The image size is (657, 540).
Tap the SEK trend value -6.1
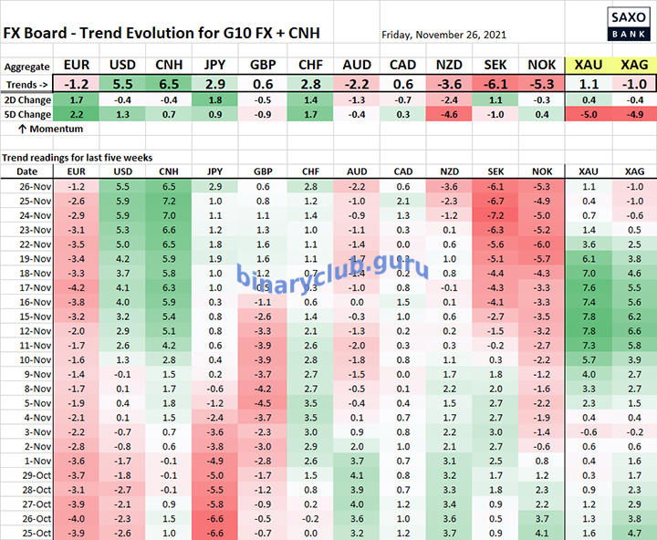click(495, 83)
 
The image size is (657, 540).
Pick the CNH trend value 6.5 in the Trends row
click(167, 83)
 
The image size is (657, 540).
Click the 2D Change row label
click(27, 99)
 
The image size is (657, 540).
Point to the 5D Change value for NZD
click(449, 115)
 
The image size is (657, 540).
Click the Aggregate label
click(27, 67)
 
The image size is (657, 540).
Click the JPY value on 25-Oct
click(214, 531)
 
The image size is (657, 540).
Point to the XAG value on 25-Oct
click(634, 531)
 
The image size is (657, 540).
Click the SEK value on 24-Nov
click(495, 214)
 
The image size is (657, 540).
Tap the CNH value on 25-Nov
click(167, 200)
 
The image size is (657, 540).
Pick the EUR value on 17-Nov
click(77, 286)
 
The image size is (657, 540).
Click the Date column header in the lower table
click(27, 171)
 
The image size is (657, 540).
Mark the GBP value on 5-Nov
click(262, 401)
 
